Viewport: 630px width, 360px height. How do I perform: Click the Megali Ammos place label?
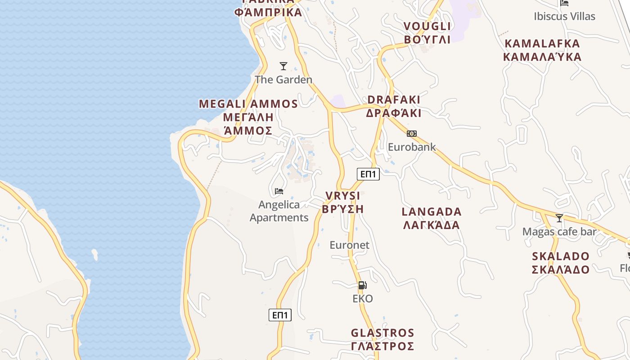coord(248,117)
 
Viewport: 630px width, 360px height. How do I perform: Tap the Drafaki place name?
coord(394,106)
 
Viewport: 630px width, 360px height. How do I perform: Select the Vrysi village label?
coord(343,202)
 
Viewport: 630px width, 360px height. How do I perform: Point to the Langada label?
coord(432,218)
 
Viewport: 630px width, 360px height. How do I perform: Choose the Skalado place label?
coord(561,263)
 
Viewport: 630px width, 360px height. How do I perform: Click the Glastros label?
coord(382,339)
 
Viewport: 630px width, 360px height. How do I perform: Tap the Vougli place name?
coord(427,32)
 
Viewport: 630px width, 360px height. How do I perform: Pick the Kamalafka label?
coord(542,50)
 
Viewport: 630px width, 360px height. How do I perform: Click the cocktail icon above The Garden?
coord(283,66)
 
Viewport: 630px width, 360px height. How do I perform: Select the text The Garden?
coord(283,80)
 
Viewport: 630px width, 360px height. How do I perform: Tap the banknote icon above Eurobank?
coord(412,134)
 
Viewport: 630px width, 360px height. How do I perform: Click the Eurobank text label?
coord(412,147)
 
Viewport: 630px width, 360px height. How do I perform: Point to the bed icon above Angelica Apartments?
coord(279,191)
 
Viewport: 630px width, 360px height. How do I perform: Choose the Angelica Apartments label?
coord(279,211)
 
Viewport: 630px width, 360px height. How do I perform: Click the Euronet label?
coord(350,245)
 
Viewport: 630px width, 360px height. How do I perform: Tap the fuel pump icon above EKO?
coord(362,285)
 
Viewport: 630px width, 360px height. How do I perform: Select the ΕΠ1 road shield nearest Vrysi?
coord(368,174)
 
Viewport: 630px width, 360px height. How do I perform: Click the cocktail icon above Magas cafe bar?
coord(559,218)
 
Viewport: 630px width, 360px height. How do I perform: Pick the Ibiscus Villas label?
coord(564,16)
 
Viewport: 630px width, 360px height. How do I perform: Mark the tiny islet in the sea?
coord(94,254)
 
